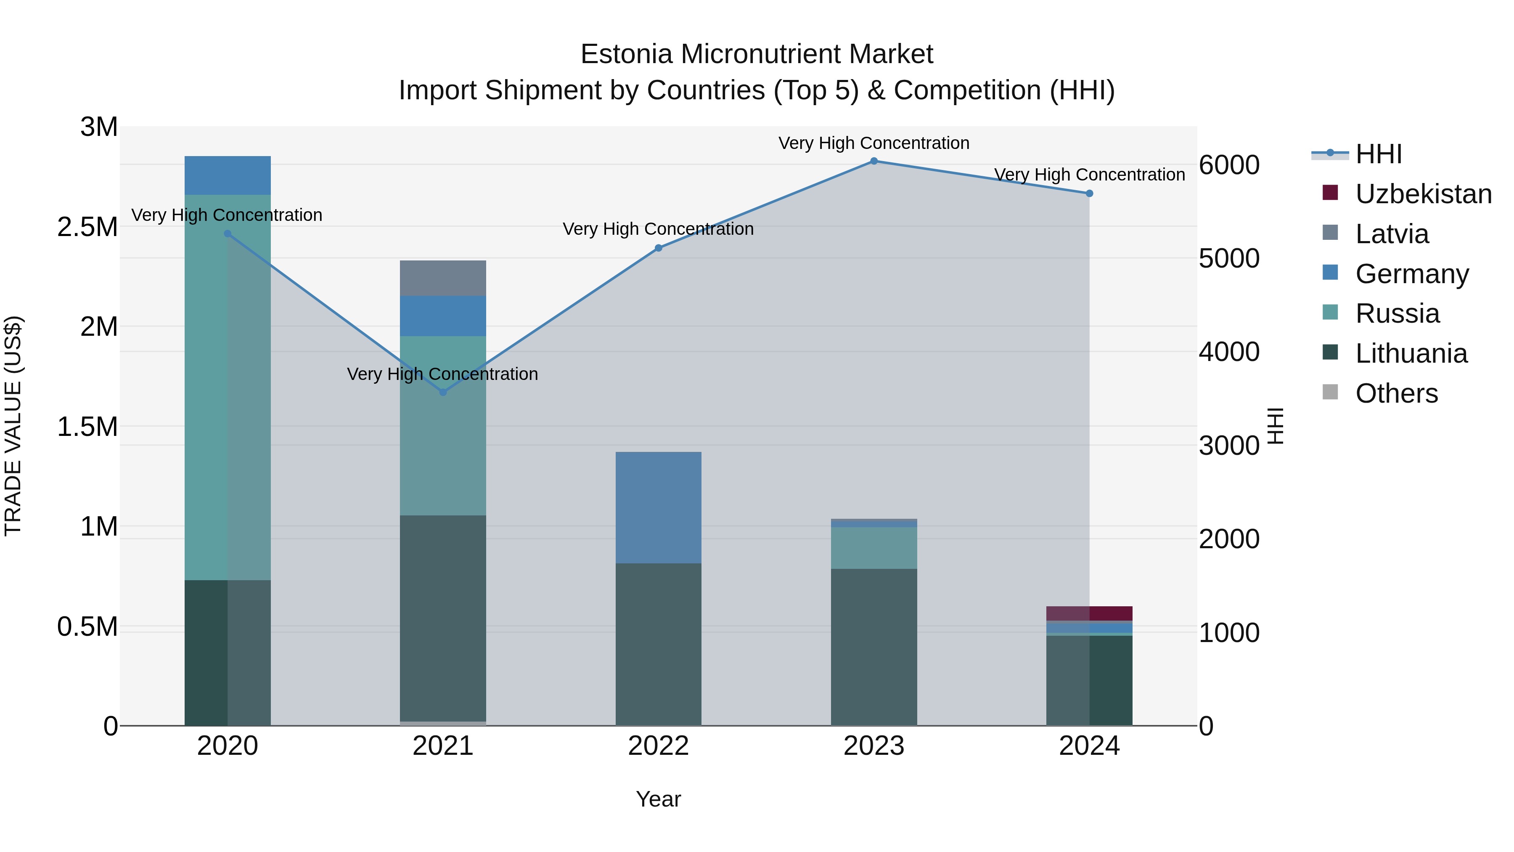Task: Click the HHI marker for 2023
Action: (873, 161)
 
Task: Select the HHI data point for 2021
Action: (443, 392)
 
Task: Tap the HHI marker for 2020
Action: (228, 234)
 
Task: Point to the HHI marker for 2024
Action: (1089, 194)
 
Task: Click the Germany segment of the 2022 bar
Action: (658, 507)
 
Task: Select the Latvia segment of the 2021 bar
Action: (443, 278)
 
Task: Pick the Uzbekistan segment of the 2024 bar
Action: (1089, 613)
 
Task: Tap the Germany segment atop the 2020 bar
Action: (228, 175)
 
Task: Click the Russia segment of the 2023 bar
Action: (873, 548)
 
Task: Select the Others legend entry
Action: (1396, 393)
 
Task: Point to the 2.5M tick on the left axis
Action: (87, 227)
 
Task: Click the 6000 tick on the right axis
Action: (1229, 165)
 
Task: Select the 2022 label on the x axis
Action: (658, 746)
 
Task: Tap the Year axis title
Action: (658, 799)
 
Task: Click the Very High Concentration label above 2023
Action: (873, 143)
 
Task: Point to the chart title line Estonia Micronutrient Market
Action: (757, 54)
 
